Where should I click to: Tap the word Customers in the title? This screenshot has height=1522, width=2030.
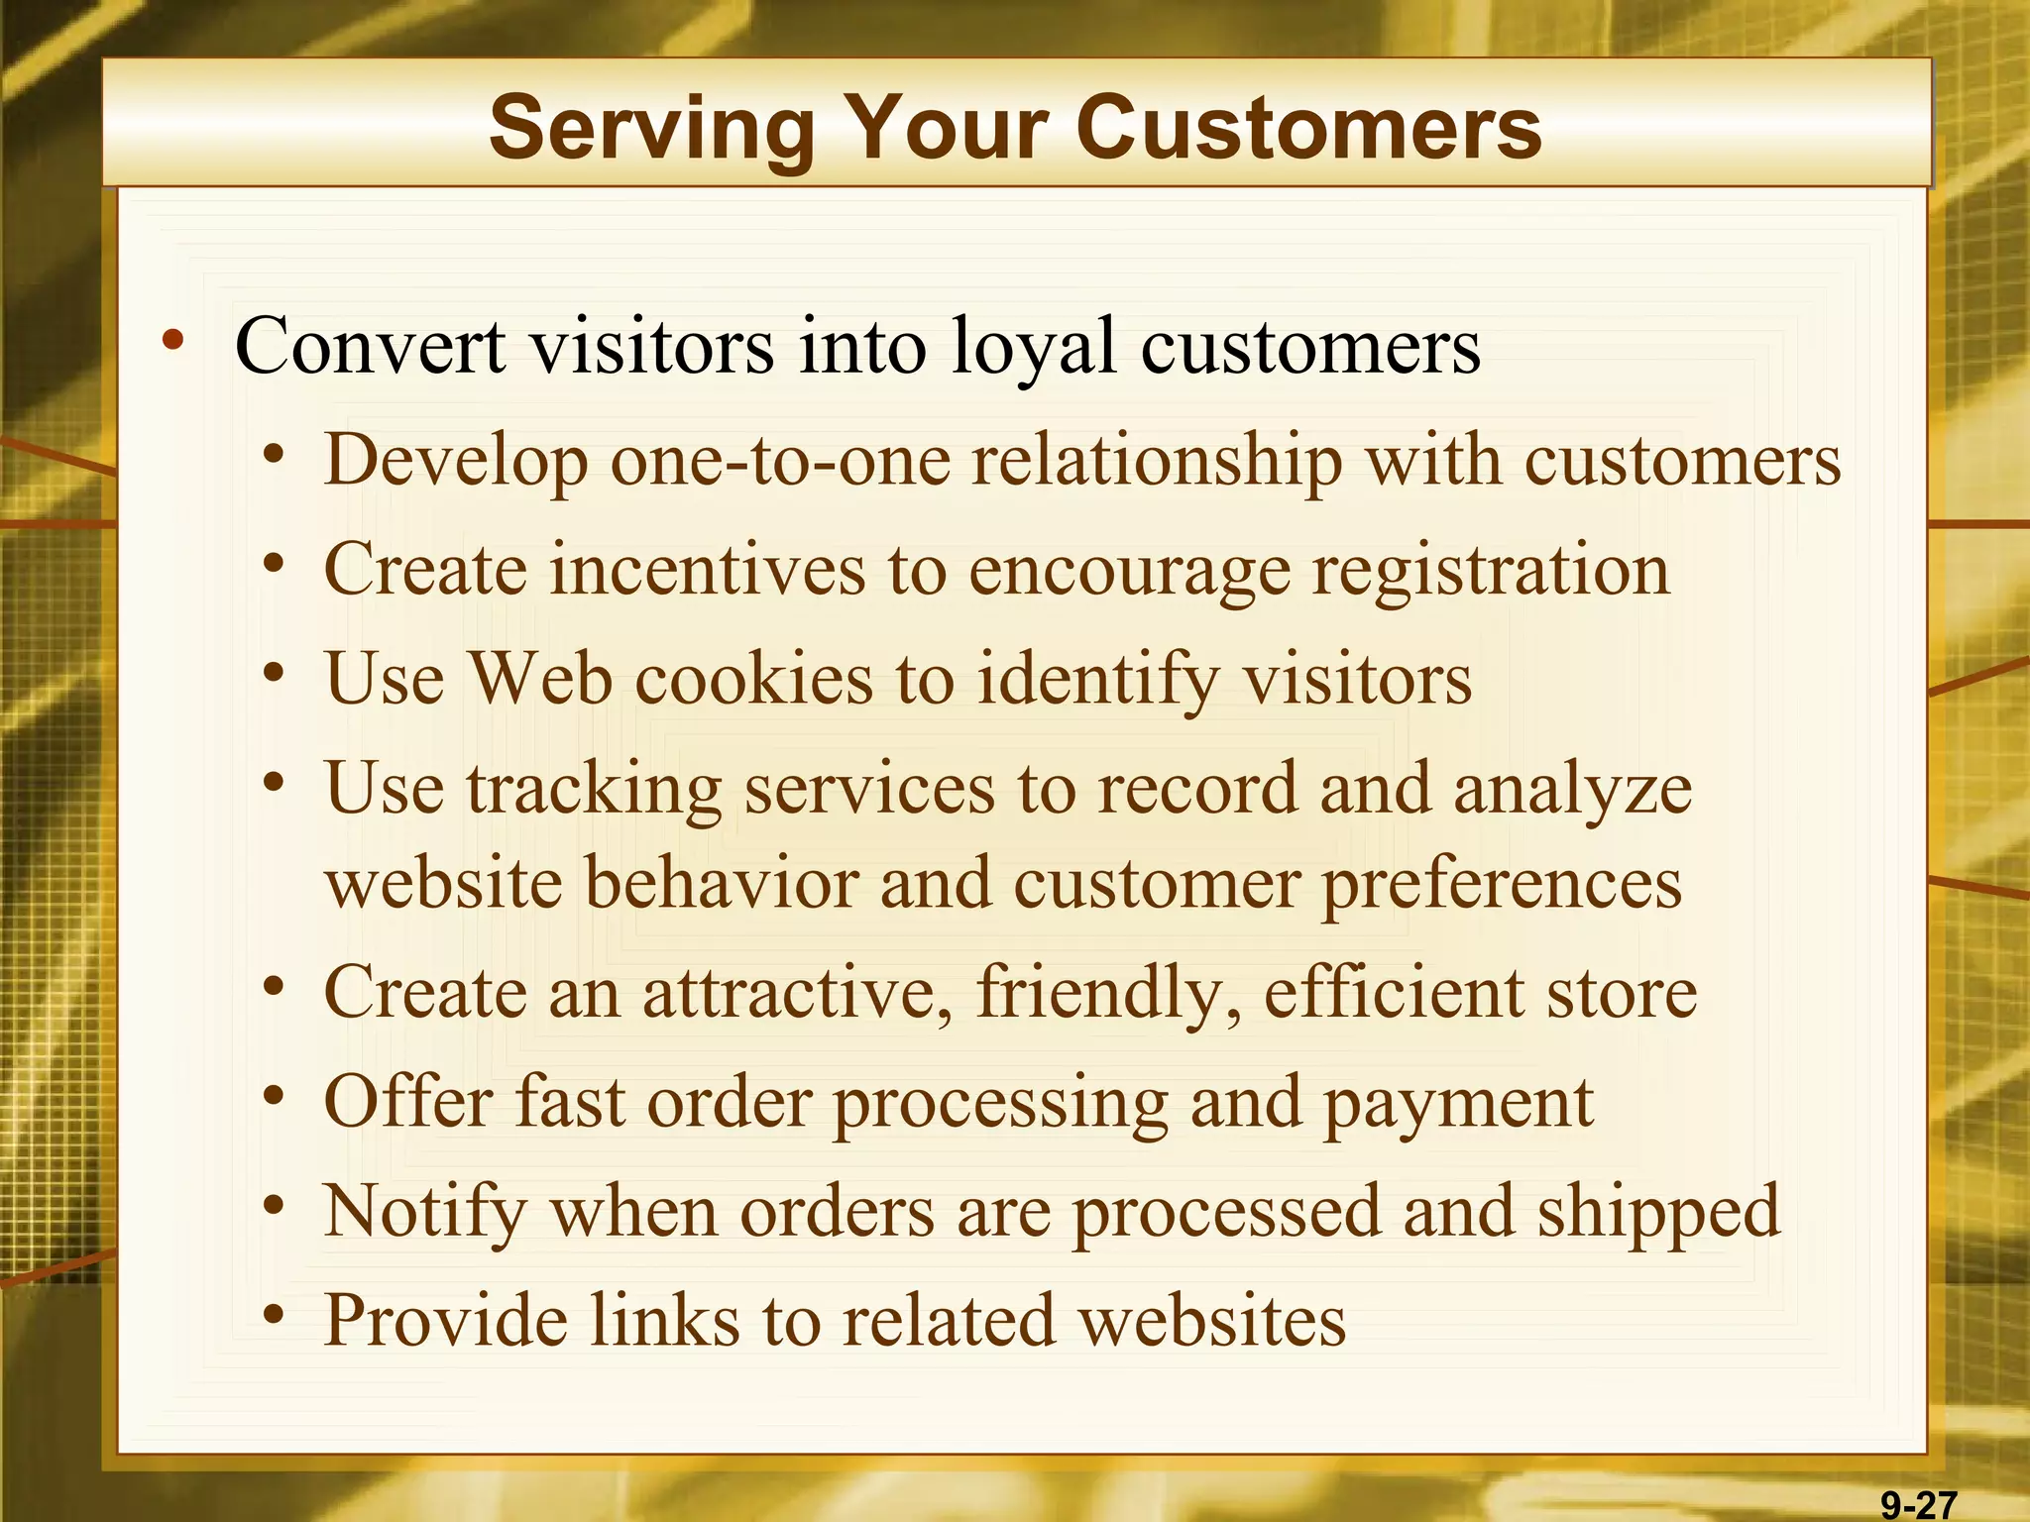1308,129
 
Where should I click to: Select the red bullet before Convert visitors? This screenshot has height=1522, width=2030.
173,342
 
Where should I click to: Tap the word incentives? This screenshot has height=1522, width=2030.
708,570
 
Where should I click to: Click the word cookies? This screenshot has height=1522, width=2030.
753,680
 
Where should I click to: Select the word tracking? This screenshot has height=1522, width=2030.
594,791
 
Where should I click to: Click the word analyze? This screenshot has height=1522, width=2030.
1572,790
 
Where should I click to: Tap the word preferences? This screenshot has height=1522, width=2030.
1502,884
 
